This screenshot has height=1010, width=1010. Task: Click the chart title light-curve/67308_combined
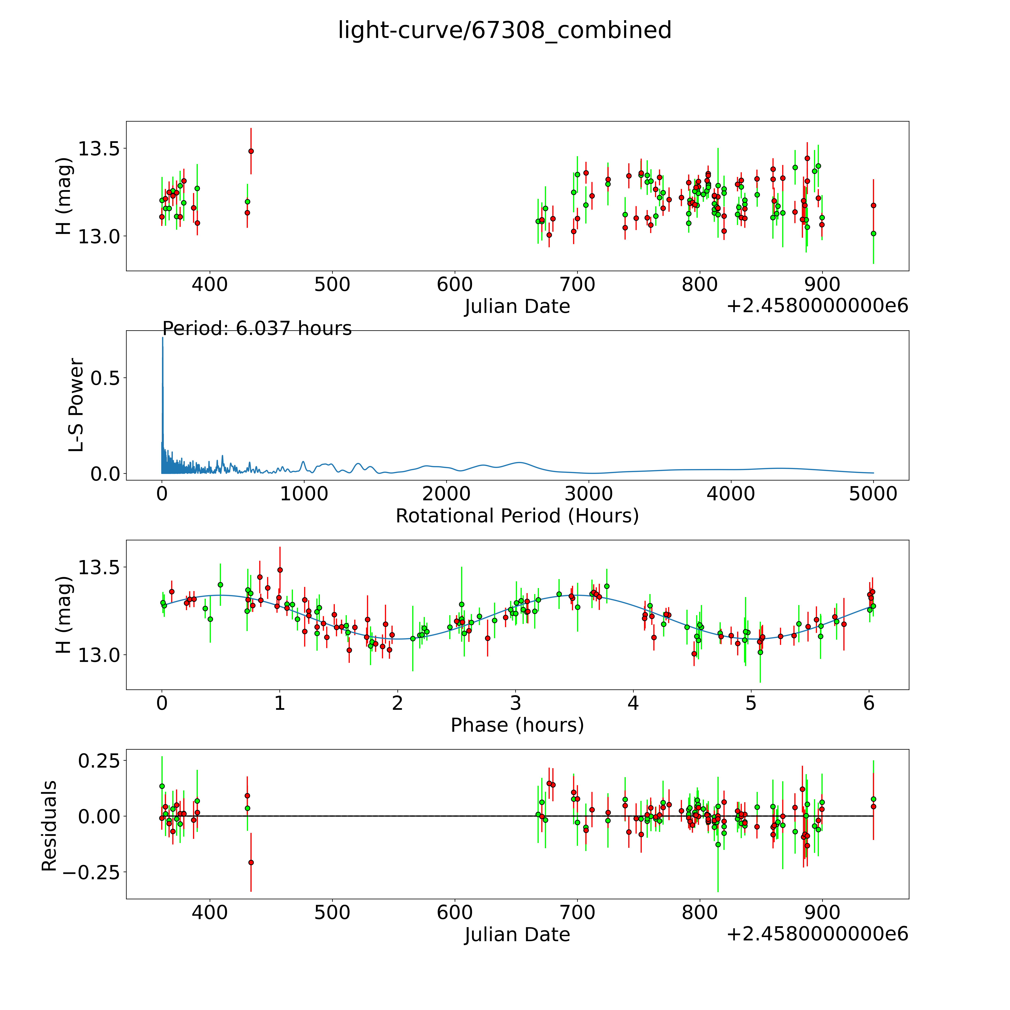coord(504,30)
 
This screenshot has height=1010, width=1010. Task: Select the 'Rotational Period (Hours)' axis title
coord(517,516)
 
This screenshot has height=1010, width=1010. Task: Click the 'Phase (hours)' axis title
coord(517,725)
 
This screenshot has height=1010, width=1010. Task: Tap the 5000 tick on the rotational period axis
coord(873,494)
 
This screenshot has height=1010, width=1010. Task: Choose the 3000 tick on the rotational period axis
coord(589,494)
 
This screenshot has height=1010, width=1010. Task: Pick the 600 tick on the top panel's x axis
coord(455,285)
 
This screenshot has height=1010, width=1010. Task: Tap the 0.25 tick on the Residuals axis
coord(98,761)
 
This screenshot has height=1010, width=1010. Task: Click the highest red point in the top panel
coord(251,151)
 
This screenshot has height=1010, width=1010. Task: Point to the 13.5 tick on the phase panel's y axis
coord(98,567)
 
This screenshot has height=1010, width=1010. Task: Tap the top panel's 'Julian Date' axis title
coord(517,306)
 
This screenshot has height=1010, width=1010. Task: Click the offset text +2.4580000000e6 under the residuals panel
coord(817,934)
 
